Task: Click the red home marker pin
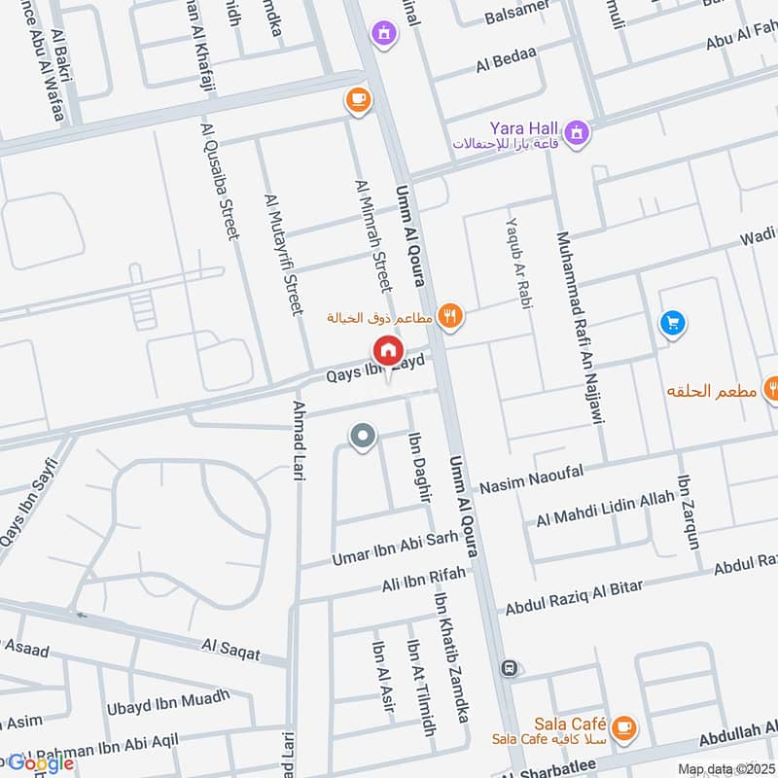coord(387,351)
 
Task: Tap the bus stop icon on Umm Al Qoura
coord(508,668)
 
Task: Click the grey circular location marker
coord(363,437)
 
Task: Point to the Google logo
coord(41,763)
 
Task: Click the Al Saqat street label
coord(230,649)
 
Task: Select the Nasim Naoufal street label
coord(530,477)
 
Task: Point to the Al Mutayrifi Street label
coord(285,254)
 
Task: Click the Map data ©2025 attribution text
coord(725,769)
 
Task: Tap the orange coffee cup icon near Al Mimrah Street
coord(358,98)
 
